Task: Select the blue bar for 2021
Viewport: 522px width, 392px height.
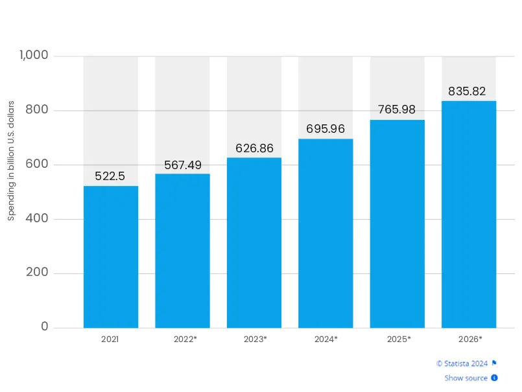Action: [x=111, y=257]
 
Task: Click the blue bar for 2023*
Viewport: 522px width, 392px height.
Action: [x=254, y=242]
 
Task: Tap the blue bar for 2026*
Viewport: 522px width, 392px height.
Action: [x=469, y=214]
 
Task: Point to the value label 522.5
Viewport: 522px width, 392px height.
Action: [x=110, y=176]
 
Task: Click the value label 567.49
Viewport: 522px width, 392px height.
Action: [x=182, y=165]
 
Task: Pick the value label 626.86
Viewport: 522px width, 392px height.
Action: [x=254, y=148]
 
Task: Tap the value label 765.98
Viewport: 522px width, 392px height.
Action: [x=397, y=110]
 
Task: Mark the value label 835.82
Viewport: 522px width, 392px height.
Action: [x=467, y=91]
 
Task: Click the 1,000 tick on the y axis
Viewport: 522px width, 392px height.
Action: [x=34, y=56]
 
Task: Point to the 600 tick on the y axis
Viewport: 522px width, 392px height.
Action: [x=38, y=165]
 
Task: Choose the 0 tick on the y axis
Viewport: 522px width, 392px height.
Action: [x=45, y=327]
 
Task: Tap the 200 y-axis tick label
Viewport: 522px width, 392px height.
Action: [x=38, y=273]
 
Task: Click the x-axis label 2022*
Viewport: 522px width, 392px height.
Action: [x=185, y=339]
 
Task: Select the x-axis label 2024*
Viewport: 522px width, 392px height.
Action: [x=326, y=339]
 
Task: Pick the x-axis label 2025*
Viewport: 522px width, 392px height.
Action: [x=398, y=339]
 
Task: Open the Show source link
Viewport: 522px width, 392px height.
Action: [x=466, y=378]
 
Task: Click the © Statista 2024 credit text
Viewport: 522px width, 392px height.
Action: [x=462, y=363]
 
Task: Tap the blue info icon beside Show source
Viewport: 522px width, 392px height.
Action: [x=494, y=378]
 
